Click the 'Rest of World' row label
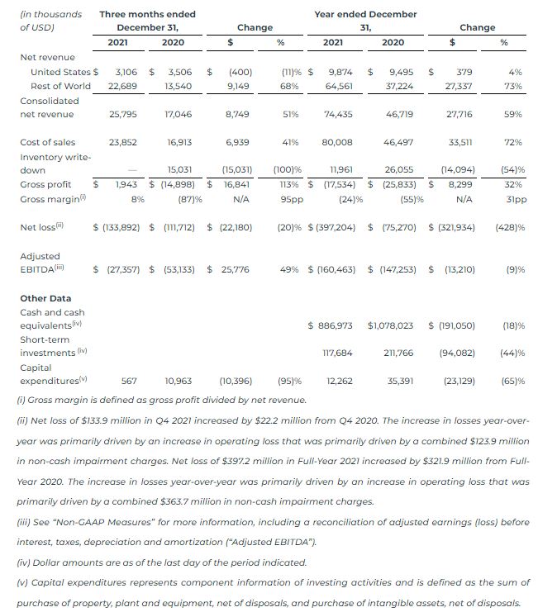(x=60, y=86)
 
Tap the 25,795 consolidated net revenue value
(x=123, y=114)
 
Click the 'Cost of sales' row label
(x=47, y=142)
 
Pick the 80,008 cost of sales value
(x=336, y=142)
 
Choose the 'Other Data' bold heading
(x=45, y=298)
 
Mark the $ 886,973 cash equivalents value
(x=330, y=325)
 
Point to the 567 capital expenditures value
(x=129, y=382)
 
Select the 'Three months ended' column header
(x=147, y=14)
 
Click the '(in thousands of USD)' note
(x=50, y=21)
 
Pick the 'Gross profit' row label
(x=47, y=184)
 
